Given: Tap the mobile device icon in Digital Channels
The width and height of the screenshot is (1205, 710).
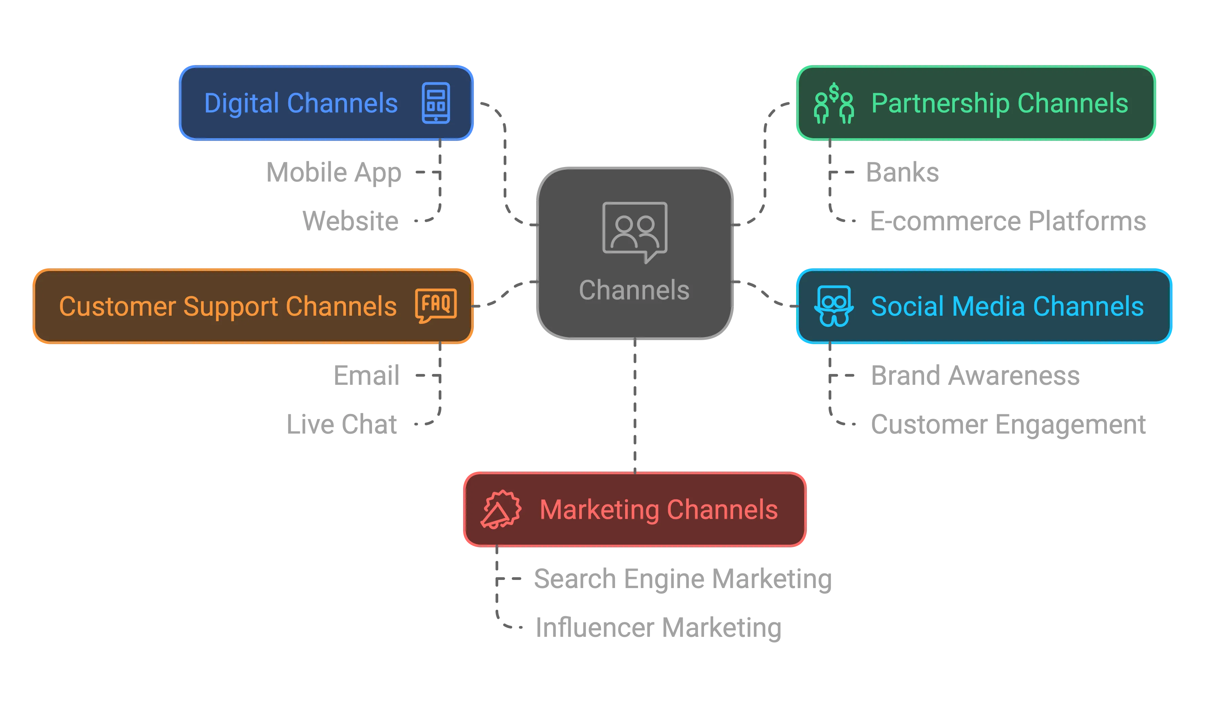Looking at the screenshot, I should click(436, 103).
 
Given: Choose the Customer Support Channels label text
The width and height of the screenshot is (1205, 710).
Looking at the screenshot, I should click(227, 306).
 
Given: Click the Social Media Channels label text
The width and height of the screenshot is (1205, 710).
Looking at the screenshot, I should click(1007, 306).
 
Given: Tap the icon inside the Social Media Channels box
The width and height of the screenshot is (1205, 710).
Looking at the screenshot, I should click(834, 306).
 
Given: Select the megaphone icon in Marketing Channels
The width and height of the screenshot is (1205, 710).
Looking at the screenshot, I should click(501, 509).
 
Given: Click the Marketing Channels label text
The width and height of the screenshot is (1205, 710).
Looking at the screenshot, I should click(658, 509).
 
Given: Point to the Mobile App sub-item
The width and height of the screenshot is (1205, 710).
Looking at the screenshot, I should click(334, 172).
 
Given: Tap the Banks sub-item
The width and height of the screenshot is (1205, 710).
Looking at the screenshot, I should click(903, 172).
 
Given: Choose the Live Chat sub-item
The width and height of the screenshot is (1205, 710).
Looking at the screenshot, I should click(342, 424).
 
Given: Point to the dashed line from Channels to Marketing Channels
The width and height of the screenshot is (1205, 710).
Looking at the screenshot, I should click(635, 407).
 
